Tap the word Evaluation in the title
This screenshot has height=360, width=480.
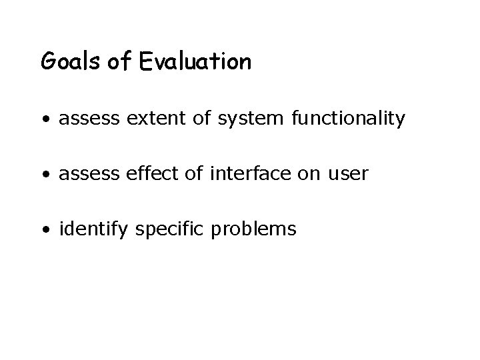196,62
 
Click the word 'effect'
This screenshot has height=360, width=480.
137,175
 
